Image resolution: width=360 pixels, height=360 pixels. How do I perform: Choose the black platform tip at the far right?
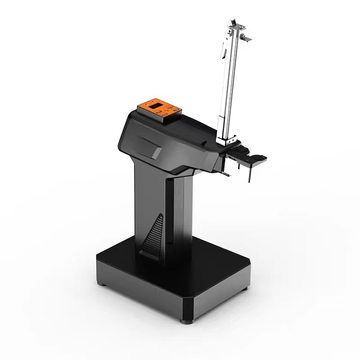pos(260,157)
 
